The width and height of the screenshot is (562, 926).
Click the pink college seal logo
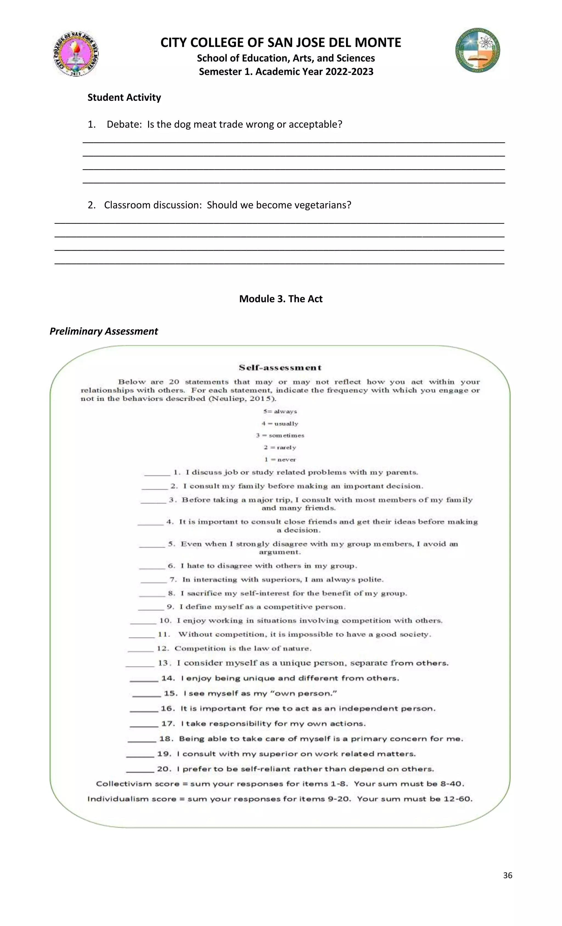(x=76, y=54)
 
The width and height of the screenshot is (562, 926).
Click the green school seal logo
(x=477, y=50)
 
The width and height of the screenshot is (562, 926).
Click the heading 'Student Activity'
(x=124, y=97)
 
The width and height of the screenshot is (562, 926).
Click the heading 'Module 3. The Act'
(x=281, y=299)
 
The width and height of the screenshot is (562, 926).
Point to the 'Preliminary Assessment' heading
(x=104, y=331)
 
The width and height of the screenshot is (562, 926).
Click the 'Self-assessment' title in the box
(x=280, y=368)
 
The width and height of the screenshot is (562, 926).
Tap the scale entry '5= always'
(x=280, y=412)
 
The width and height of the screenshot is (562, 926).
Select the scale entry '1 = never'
(x=280, y=460)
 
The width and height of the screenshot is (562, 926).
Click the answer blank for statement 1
(x=157, y=475)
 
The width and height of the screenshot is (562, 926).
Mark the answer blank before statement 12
(x=140, y=651)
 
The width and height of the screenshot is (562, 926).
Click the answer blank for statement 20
(x=140, y=771)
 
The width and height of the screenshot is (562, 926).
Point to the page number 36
(x=507, y=875)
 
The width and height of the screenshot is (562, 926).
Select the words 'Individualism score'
(x=131, y=799)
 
